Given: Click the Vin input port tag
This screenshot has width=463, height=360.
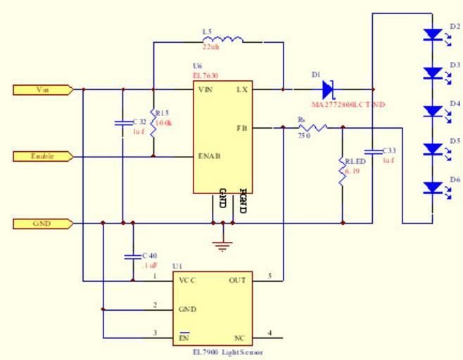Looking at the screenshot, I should [43, 89].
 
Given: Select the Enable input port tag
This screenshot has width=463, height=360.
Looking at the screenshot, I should [43, 156].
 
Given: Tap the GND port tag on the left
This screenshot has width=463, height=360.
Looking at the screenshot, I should [43, 224].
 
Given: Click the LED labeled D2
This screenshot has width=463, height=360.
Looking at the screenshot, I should [431, 34].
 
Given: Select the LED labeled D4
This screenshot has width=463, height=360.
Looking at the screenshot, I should [431, 111].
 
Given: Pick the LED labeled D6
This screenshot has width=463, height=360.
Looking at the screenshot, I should [431, 188].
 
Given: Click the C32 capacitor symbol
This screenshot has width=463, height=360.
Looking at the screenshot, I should [123, 124].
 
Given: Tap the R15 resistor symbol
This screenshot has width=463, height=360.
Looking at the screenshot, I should [153, 120].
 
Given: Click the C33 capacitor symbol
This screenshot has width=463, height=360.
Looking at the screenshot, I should [372, 151].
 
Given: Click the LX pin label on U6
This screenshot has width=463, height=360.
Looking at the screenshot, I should [241, 90].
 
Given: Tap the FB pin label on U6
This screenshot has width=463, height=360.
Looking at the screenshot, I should [242, 128].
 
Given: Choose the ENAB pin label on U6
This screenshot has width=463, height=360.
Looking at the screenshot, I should [210, 156].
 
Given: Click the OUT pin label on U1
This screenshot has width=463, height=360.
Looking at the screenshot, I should [237, 281].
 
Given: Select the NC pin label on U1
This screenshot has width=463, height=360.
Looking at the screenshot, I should [239, 337].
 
